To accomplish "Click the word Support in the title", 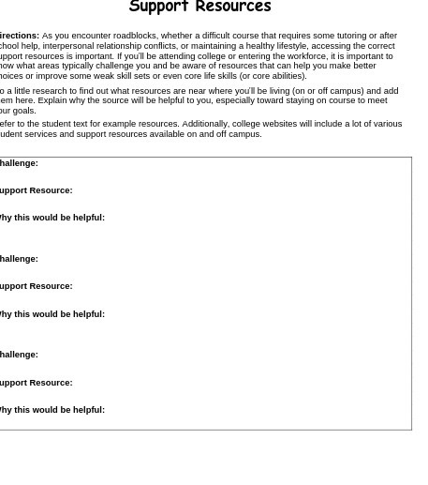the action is (157, 8).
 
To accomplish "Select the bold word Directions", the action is (19, 36).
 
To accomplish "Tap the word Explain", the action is (52, 100).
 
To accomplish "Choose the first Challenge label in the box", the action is (19, 163).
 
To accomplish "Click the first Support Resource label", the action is (36, 190).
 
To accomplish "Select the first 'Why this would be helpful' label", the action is (52, 218).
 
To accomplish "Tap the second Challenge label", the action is (19, 259).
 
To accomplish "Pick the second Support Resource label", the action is (36, 286).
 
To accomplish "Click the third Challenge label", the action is (19, 355).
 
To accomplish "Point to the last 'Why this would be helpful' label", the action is (52, 410).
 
